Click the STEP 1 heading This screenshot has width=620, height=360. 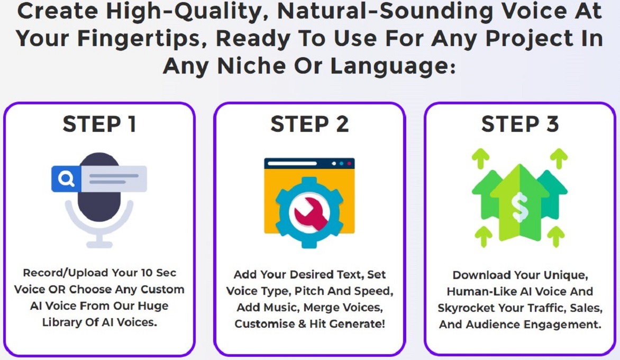(99, 124)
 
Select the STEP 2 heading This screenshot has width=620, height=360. (309, 124)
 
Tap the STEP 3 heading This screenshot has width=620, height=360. (520, 124)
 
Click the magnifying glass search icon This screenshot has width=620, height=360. (66, 179)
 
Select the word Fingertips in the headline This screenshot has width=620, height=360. (142, 39)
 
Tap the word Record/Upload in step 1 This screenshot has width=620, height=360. (65, 273)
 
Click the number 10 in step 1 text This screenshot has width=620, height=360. (147, 273)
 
